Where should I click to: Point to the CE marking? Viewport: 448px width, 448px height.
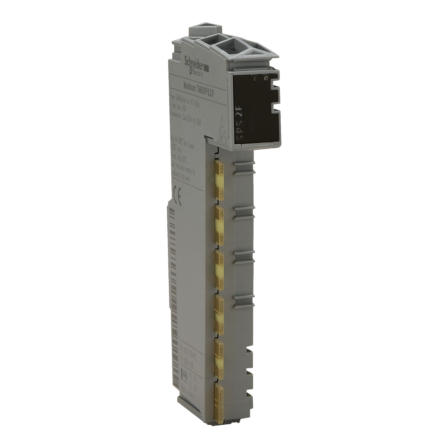click(178, 191)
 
